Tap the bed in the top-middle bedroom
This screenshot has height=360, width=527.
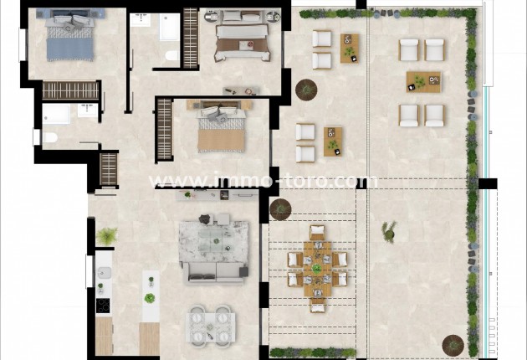point(242,40)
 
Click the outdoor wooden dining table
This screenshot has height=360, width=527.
point(317,268)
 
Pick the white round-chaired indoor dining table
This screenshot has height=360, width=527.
point(210,325)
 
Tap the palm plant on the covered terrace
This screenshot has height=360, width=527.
point(388,230)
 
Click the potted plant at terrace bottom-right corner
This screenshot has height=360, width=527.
point(453,344)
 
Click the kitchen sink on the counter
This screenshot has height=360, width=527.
point(103,272)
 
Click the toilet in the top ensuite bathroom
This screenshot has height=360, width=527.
point(171,55)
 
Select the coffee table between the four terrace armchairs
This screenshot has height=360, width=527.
point(422,81)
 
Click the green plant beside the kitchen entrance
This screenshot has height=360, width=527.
point(107,236)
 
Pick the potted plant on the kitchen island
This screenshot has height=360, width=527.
point(150,297)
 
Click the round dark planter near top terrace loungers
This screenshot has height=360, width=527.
point(307,87)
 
